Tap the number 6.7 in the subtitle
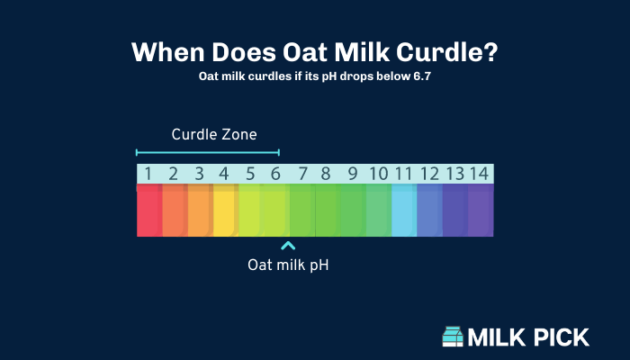click(x=422, y=76)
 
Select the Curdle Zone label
click(x=214, y=135)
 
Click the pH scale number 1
click(x=148, y=174)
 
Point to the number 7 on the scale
click(x=302, y=174)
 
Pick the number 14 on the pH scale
click(x=479, y=174)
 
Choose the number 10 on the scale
click(x=379, y=174)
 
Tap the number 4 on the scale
click(x=224, y=174)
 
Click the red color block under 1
click(x=149, y=210)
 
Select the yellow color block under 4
click(x=226, y=210)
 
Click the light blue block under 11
click(x=404, y=210)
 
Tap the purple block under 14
click(x=481, y=210)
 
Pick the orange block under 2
click(x=175, y=210)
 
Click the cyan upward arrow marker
click(x=288, y=246)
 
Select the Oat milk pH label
click(x=288, y=265)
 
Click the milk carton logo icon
click(x=453, y=337)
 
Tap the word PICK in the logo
click(x=558, y=337)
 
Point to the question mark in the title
click(x=490, y=52)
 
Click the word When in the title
click(x=168, y=52)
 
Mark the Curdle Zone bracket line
click(x=208, y=152)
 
